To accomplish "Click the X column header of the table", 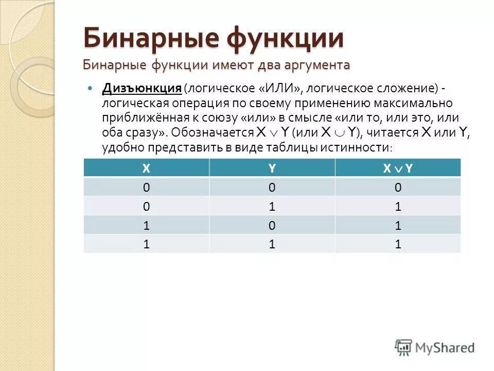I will pos(147,168).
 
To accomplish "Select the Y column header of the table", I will pos(272,168).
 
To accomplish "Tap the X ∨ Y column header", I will pos(398,168).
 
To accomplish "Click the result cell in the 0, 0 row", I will pos(398,188).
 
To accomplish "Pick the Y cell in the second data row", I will pos(272,207).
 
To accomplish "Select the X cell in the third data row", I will pos(147,226).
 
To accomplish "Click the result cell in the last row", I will pos(398,245).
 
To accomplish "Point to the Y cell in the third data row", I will pos(272,226).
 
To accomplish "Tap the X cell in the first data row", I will pos(147,188).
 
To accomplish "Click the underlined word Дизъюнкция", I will pos(142,88).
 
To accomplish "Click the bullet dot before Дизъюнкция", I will pos(91,88).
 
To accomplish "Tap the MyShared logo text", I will pos(445,348).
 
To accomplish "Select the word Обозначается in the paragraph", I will pos(213,132).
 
